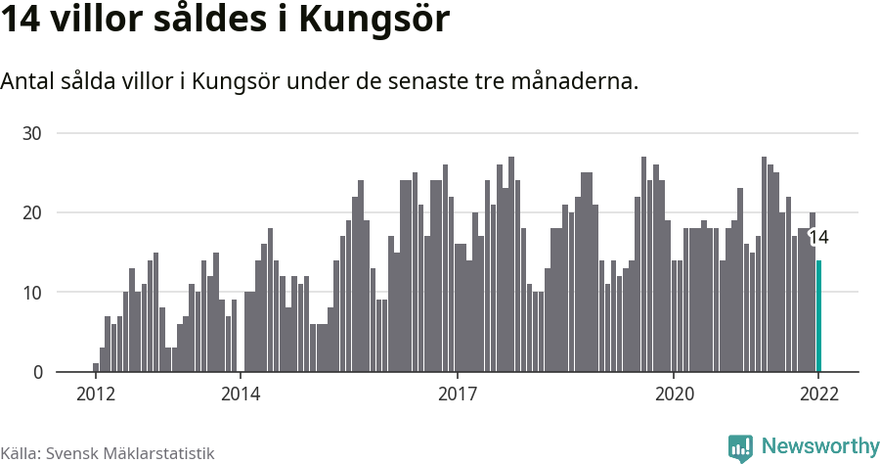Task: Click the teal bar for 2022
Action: (819, 316)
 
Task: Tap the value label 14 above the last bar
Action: (818, 237)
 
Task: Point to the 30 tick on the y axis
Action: (33, 133)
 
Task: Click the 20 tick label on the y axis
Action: (33, 212)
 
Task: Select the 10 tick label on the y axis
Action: (33, 293)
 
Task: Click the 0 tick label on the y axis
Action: (39, 372)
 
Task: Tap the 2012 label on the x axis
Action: (96, 394)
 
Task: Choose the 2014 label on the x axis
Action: (241, 394)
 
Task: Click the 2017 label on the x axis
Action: (457, 394)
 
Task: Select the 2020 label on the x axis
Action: (674, 394)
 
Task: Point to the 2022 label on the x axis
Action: (818, 394)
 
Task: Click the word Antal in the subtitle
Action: (28, 81)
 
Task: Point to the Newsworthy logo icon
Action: (740, 447)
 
